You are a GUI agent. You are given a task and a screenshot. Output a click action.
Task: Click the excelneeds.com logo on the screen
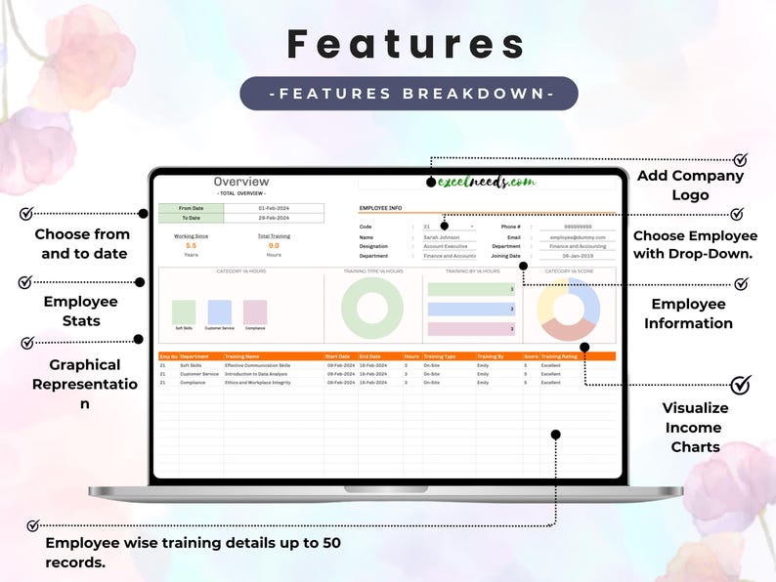tap(487, 182)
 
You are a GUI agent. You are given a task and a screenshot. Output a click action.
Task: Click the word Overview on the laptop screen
tap(240, 182)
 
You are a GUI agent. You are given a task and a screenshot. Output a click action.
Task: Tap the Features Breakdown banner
tap(409, 94)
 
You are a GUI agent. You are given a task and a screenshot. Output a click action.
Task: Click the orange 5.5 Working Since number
tap(192, 246)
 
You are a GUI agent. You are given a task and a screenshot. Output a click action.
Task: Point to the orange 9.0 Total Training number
tap(274, 246)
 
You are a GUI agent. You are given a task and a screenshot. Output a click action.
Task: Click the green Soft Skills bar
tap(184, 312)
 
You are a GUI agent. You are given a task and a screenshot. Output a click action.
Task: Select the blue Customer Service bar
tap(220, 312)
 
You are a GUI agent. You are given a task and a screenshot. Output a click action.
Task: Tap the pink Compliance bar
tap(255, 312)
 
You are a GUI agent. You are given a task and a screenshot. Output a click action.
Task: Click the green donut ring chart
tap(372, 308)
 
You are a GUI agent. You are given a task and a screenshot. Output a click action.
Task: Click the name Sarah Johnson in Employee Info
tap(442, 237)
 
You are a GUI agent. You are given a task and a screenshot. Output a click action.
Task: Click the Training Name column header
tap(243, 356)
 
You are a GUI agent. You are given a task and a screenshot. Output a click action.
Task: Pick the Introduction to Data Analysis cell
tap(256, 374)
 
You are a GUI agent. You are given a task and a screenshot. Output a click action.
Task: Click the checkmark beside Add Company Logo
tap(740, 160)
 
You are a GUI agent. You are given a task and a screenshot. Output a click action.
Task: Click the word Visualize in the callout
tap(696, 408)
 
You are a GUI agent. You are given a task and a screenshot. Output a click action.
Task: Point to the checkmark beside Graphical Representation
tap(27, 343)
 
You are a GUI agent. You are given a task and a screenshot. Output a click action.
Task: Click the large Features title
tap(408, 44)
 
